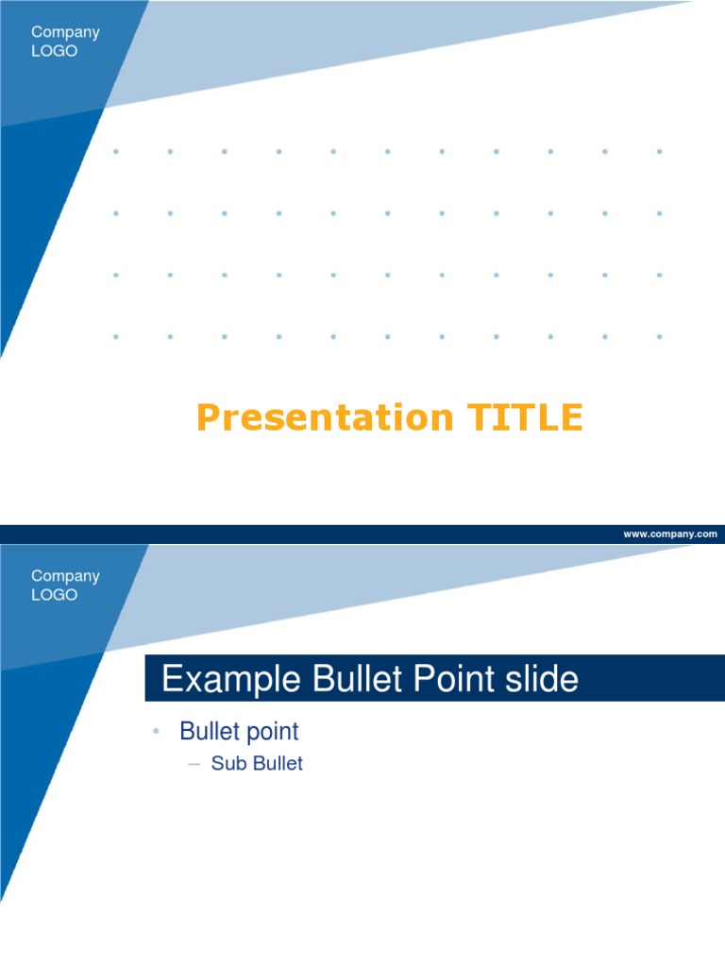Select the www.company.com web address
tap(669, 534)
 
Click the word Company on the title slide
tap(65, 33)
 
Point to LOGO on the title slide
tap(54, 52)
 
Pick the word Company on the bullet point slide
tap(65, 576)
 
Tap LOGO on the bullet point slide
tap(54, 596)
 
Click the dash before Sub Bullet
tap(194, 764)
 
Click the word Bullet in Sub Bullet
tap(276, 764)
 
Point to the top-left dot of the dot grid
tap(116, 151)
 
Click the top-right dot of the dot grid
tap(659, 151)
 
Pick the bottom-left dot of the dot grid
tap(116, 336)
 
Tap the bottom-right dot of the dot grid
tap(659, 336)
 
